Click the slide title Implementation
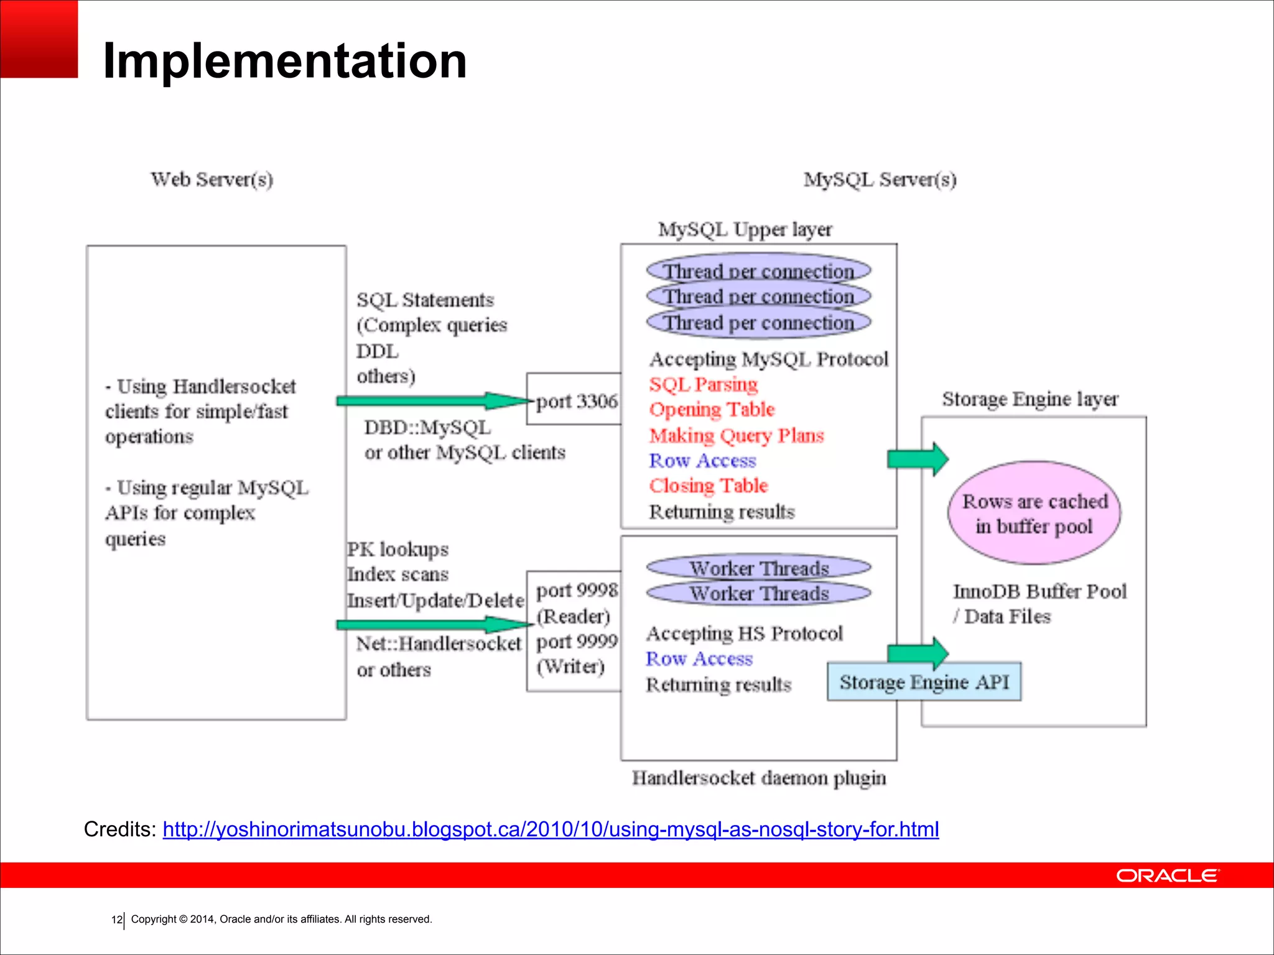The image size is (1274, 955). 284,61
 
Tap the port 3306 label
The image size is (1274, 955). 576,401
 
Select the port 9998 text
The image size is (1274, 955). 577,589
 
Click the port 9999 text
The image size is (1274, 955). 577,641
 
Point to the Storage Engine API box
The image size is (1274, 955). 924,682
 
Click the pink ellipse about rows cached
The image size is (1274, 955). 1034,513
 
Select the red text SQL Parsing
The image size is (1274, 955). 703,384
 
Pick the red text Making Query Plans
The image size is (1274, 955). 736,435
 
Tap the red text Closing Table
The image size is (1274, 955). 708,486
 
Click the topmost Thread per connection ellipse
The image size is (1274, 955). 758,270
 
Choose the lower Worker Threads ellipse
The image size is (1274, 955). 758,593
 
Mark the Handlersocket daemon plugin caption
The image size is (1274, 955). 758,778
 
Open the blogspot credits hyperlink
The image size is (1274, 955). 551,829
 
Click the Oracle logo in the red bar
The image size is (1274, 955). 1168,875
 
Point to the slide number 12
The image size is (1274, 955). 116,920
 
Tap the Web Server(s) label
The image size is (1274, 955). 212,180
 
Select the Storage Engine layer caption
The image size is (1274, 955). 1030,399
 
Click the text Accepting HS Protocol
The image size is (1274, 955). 744,634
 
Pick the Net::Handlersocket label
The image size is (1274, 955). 438,644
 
